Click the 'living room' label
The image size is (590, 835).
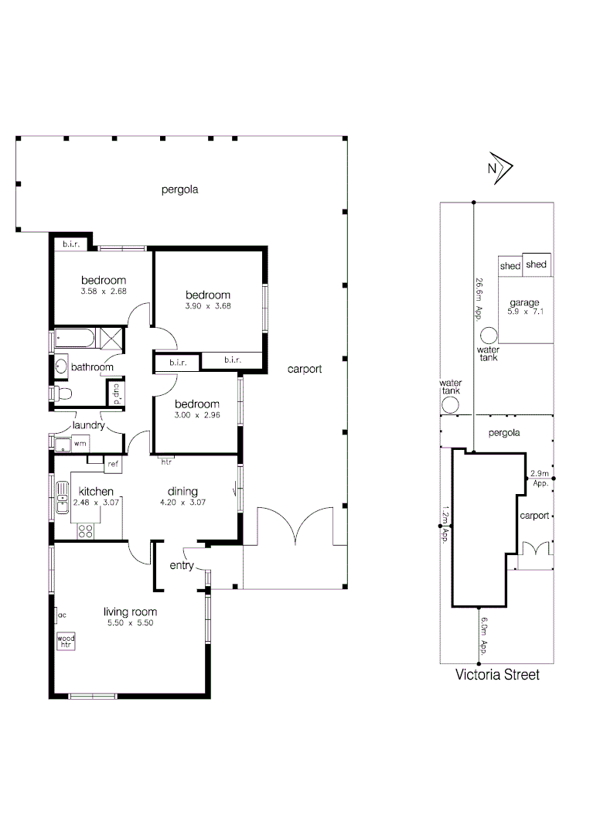(x=130, y=612)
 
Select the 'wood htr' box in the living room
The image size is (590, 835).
(x=66, y=641)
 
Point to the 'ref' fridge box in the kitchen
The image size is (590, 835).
(x=112, y=464)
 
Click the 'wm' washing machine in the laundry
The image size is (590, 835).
(x=80, y=444)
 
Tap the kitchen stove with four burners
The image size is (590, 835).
(x=86, y=531)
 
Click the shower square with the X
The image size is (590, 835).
(x=111, y=339)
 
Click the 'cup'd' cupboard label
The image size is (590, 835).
(x=117, y=394)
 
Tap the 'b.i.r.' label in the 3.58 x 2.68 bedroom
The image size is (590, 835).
(x=72, y=245)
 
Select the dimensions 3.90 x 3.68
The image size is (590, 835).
(x=208, y=305)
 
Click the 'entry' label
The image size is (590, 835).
(x=182, y=566)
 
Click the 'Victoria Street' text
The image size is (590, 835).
(x=496, y=675)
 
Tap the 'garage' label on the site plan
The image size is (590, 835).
(x=523, y=302)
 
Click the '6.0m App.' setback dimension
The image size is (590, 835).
(x=484, y=632)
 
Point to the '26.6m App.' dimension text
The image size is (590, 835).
(x=479, y=298)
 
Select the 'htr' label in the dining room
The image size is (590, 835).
(x=165, y=462)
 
